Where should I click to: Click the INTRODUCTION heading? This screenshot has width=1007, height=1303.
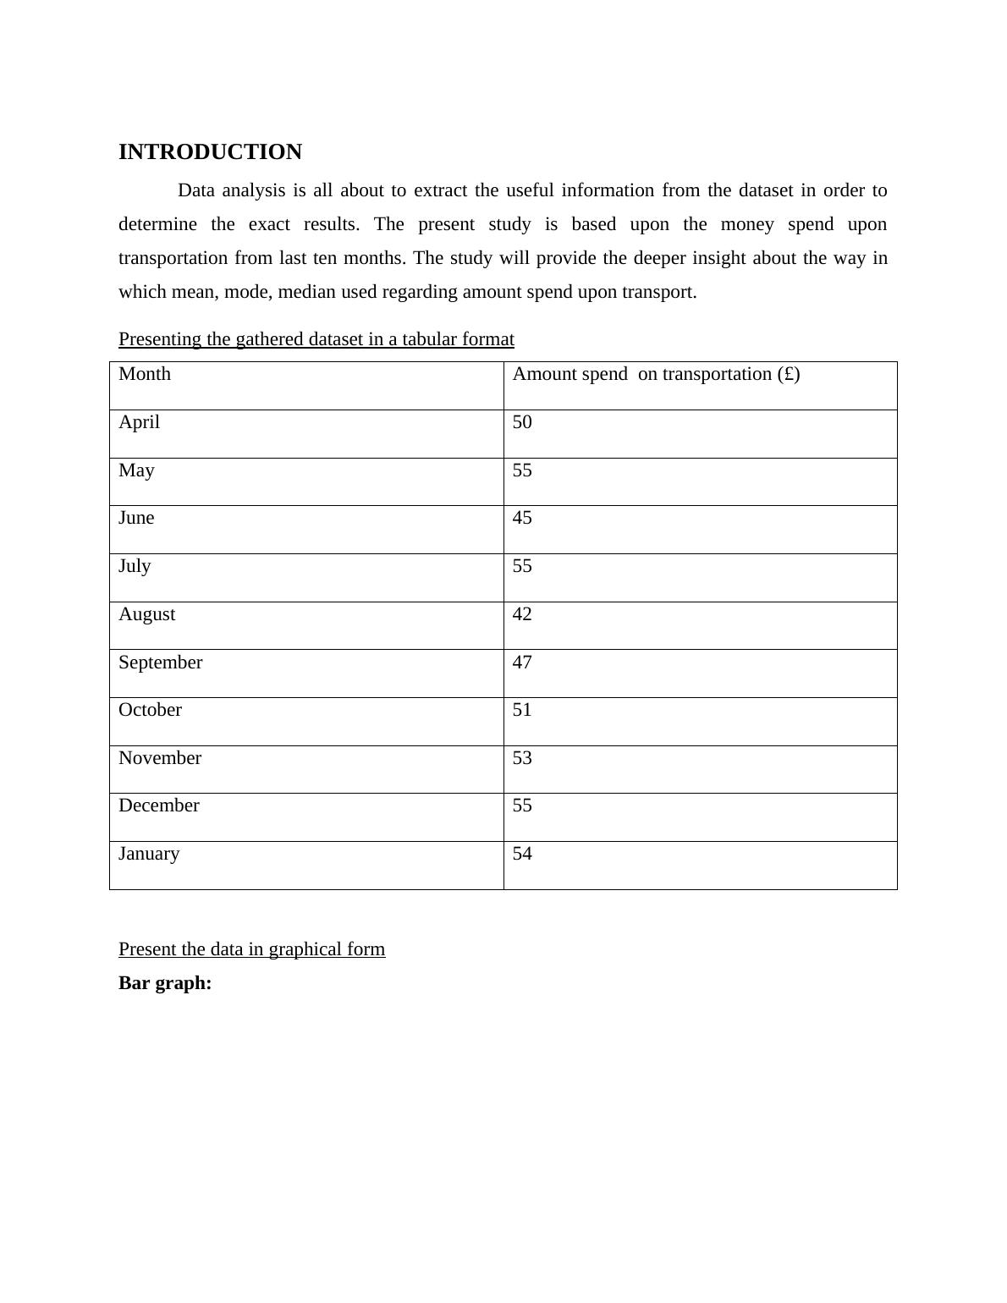click(x=210, y=152)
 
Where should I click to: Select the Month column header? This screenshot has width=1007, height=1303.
click(x=145, y=374)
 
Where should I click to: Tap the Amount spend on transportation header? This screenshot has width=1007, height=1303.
click(x=656, y=374)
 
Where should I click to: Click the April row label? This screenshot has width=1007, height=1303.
click(x=139, y=422)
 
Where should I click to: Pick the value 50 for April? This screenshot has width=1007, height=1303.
click(x=522, y=422)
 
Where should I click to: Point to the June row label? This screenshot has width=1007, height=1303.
click(x=136, y=518)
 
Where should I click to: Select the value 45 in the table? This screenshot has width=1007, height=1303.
click(x=522, y=518)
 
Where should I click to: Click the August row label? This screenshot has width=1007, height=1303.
click(x=146, y=614)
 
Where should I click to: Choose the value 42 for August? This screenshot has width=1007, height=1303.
click(x=522, y=614)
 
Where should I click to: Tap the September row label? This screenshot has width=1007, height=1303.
click(x=160, y=662)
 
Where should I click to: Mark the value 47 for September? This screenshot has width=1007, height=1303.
click(x=522, y=662)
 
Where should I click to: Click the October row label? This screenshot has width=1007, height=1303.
click(x=150, y=710)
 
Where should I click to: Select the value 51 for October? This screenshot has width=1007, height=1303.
click(x=522, y=710)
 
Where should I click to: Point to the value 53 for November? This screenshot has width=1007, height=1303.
click(x=522, y=758)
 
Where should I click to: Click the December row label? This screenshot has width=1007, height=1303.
click(x=159, y=805)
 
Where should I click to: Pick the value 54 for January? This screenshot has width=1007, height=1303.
click(x=522, y=854)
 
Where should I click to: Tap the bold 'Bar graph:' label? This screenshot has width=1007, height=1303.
click(x=165, y=983)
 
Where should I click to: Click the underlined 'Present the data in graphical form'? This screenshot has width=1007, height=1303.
click(x=251, y=949)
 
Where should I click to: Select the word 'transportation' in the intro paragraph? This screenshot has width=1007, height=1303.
click(x=173, y=258)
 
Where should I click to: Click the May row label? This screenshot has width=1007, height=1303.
click(x=136, y=470)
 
